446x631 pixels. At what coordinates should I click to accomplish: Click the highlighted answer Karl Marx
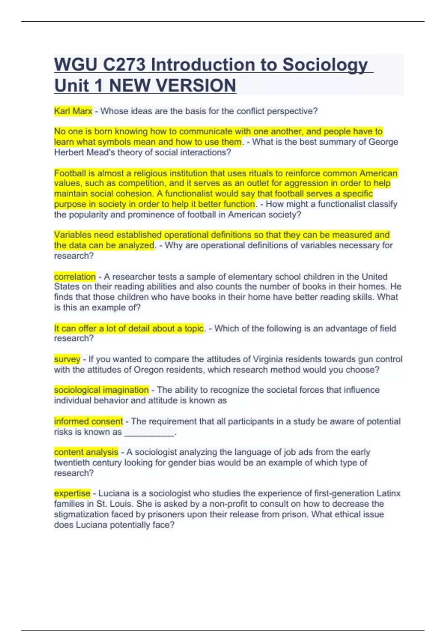click(73, 111)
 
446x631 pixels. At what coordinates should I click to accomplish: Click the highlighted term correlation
click(75, 277)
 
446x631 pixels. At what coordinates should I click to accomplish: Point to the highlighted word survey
click(67, 359)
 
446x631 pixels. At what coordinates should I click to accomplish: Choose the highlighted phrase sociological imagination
click(101, 390)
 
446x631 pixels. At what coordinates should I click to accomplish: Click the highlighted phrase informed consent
click(88, 421)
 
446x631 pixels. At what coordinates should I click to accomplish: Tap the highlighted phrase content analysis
click(86, 452)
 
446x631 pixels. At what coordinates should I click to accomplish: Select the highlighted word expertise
click(72, 493)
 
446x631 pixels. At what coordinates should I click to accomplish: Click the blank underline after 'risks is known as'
click(149, 432)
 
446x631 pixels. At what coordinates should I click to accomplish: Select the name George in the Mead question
click(383, 142)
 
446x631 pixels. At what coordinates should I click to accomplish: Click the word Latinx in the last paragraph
click(388, 493)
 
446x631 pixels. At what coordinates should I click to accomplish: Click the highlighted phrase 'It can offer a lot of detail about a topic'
click(129, 328)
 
